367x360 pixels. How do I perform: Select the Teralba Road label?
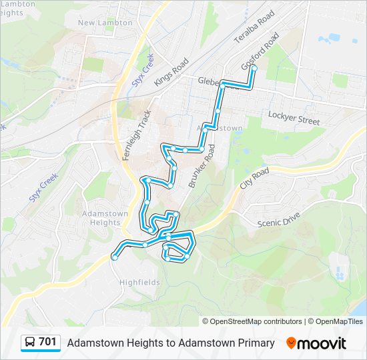pos(254,28)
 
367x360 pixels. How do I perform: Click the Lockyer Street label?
pos(294,118)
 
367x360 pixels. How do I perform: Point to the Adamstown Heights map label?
pos(100,218)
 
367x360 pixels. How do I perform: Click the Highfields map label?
pos(139,282)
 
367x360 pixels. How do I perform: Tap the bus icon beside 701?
pos(31,343)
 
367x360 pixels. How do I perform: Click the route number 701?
pos(48,343)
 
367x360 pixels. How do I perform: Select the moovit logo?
pos(316,343)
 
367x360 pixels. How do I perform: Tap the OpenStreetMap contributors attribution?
pos(252,321)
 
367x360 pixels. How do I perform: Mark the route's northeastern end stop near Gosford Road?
pos(254,67)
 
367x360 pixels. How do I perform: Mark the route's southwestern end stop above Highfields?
pos(115,257)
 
